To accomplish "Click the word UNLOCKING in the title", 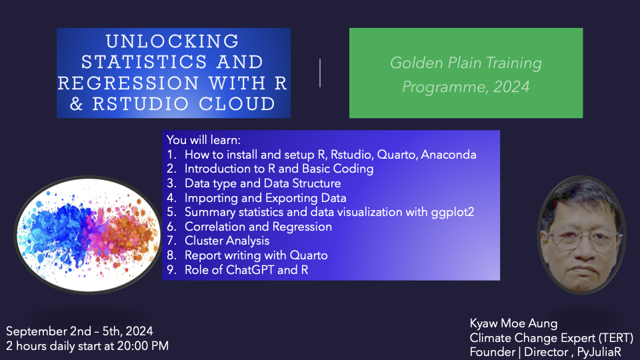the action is (172, 41).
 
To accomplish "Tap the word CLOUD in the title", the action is (237, 104).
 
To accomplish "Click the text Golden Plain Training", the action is (466, 63).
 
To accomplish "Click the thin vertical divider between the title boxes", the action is (320, 73).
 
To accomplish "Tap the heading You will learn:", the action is (203, 140).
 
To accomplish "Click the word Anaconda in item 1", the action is (448, 155).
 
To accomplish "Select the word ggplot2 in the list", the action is (452, 212).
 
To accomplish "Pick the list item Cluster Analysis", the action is (227, 241).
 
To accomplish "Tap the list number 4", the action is (171, 198).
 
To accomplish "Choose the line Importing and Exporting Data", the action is (265, 198).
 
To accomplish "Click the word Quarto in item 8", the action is (309, 255).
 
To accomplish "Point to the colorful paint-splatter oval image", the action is (88, 234).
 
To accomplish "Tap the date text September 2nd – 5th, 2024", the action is (79, 331).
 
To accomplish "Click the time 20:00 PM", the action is (143, 346).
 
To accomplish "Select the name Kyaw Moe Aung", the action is (513, 323).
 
